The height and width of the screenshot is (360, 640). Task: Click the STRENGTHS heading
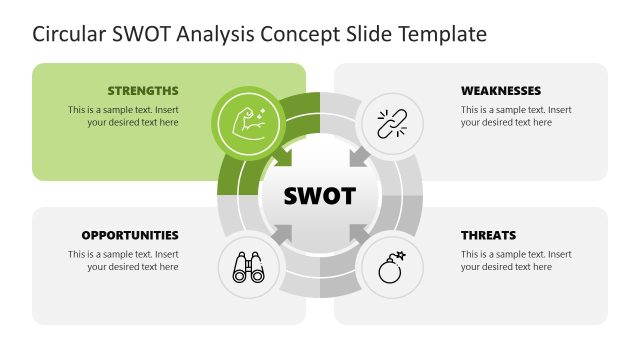[142, 90]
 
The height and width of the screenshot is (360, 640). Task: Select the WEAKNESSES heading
[501, 90]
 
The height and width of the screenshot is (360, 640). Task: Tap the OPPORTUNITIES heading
[130, 235]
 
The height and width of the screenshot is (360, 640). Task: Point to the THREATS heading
[488, 235]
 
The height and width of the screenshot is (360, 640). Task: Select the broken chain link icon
[391, 123]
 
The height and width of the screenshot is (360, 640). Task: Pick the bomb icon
[391, 267]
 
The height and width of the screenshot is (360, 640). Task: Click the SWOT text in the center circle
[320, 195]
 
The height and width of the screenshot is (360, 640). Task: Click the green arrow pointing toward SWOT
[282, 158]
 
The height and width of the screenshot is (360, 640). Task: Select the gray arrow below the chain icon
[358, 158]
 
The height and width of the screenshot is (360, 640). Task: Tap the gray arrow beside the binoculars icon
[283, 233]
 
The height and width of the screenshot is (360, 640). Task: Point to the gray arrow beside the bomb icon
[357, 233]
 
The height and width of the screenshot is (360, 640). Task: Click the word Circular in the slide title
[67, 34]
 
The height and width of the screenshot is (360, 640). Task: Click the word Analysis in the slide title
[215, 34]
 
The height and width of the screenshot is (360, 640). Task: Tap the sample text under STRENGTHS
[123, 116]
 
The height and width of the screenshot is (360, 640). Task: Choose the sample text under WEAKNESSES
[516, 116]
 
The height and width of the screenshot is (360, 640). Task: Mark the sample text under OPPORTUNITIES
[123, 260]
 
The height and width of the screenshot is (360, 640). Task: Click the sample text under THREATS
[516, 260]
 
